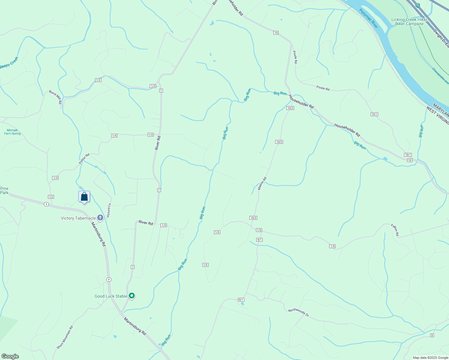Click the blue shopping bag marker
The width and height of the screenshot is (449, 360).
click(84, 197)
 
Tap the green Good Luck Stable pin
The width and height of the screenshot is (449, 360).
click(131, 296)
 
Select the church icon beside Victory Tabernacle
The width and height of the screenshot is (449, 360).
click(100, 218)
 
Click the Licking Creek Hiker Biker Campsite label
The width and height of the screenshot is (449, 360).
click(409, 22)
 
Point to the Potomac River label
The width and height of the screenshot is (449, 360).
click(369, 19)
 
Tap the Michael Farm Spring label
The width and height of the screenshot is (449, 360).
click(12, 132)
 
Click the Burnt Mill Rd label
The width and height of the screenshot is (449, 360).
click(56, 97)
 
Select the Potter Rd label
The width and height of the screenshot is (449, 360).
click(84, 159)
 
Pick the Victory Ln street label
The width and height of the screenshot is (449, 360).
click(109, 210)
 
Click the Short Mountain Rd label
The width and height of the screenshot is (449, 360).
click(65, 337)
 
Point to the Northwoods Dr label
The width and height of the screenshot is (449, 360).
click(298, 312)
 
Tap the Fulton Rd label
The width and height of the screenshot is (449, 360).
click(395, 230)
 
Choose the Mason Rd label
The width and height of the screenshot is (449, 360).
click(262, 183)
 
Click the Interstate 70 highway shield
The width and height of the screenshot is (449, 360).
click(417, 5)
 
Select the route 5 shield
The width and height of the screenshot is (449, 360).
click(432, 335)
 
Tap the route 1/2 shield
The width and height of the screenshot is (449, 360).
click(51, 197)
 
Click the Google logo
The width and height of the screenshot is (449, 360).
click(10, 356)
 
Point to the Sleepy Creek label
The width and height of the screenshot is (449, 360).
click(9, 63)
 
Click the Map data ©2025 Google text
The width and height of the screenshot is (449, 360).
click(430, 358)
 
